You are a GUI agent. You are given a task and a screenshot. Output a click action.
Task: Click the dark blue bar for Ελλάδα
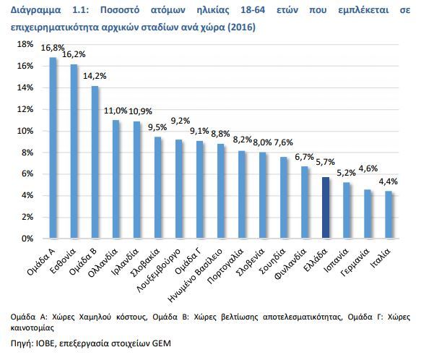click(x=326, y=207)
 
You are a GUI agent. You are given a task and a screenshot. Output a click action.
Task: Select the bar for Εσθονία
click(x=74, y=151)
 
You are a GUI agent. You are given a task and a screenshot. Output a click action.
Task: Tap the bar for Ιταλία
click(x=389, y=215)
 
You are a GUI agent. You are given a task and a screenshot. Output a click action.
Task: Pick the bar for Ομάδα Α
click(x=53, y=148)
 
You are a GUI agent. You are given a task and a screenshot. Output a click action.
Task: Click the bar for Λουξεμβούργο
click(x=179, y=189)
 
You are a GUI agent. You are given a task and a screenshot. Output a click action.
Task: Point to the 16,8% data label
click(x=53, y=48)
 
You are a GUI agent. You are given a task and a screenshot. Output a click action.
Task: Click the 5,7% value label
click(x=326, y=162)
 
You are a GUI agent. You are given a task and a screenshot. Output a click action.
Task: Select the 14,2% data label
click(x=95, y=76)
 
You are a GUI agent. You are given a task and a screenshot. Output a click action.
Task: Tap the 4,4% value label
click(x=389, y=181)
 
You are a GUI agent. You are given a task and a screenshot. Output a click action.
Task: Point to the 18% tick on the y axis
click(x=25, y=44)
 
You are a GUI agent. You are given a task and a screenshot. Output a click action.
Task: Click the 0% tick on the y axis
click(x=27, y=239)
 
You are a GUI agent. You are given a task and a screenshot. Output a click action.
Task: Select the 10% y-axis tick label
click(x=25, y=131)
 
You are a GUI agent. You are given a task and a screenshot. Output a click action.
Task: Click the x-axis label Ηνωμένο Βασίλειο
click(x=195, y=275)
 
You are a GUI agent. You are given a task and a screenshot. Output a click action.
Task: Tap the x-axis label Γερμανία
click(x=355, y=262)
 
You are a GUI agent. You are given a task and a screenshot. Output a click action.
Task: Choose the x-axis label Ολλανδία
click(x=103, y=263)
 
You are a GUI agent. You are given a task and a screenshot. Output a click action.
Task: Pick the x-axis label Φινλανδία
click(x=291, y=264)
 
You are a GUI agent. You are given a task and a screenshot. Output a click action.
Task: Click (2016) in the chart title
click(x=241, y=27)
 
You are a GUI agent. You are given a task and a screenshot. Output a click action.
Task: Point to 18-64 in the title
click(x=253, y=10)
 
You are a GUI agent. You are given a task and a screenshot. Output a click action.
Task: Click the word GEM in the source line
click(x=162, y=343)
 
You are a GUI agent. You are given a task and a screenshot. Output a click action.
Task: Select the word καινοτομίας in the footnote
click(x=32, y=327)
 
